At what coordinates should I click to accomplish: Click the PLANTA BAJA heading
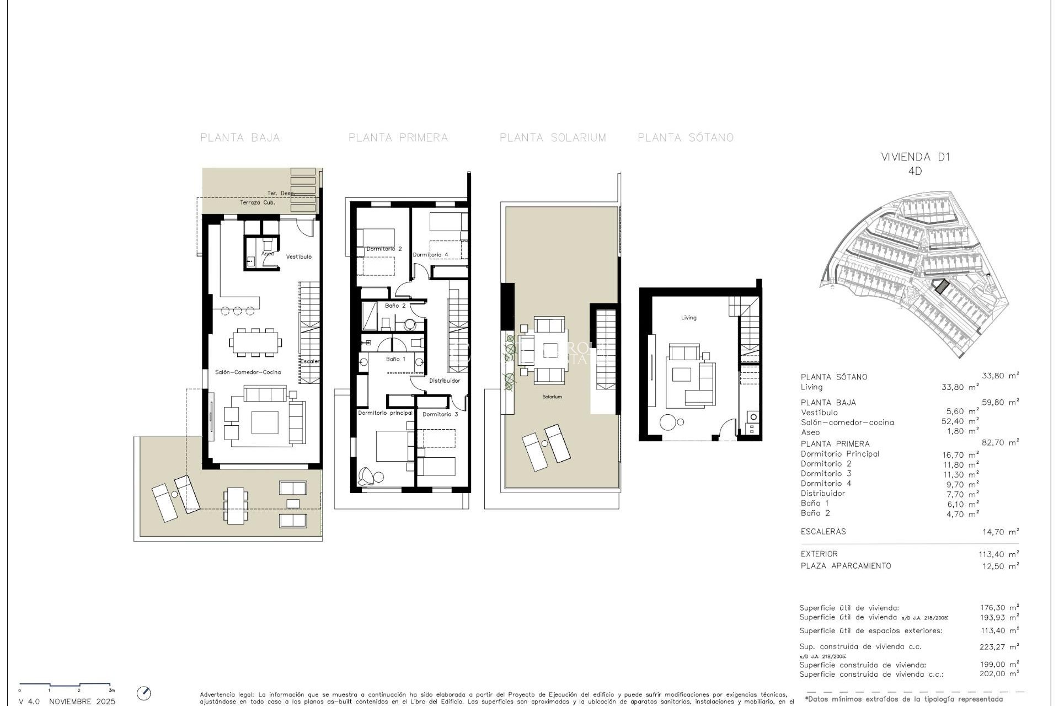click(240, 138)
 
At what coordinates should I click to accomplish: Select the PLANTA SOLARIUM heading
click(553, 138)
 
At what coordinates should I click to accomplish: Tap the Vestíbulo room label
click(299, 256)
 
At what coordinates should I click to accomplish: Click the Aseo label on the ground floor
click(268, 254)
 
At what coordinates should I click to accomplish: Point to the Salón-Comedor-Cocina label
click(248, 372)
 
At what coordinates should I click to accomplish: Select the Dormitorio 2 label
click(384, 249)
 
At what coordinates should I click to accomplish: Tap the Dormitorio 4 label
click(430, 255)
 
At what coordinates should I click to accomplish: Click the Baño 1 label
click(395, 359)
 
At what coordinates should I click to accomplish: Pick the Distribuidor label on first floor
click(445, 381)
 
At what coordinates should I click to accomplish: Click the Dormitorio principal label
click(385, 413)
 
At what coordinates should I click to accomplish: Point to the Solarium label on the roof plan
click(552, 397)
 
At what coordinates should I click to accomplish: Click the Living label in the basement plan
click(688, 318)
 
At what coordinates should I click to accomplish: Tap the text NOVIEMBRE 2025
click(82, 702)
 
